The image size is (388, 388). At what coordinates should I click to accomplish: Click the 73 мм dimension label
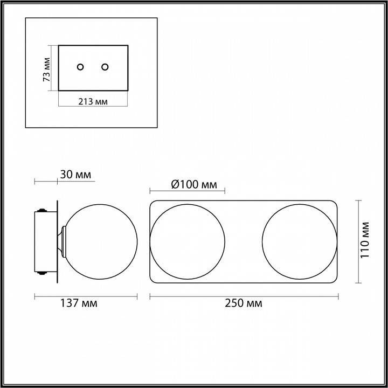point(46,70)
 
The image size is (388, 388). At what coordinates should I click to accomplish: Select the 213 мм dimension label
point(93,101)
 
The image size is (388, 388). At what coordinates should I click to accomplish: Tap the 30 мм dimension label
point(75,175)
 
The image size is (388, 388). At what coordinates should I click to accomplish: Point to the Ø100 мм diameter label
point(194,185)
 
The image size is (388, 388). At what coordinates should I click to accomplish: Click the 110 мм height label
point(365,240)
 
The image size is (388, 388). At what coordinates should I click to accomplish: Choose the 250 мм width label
point(244,303)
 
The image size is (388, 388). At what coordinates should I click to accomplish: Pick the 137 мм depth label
point(79,303)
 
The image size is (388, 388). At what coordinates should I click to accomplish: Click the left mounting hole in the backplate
point(80,67)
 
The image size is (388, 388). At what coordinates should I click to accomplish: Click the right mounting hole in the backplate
point(105,67)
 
